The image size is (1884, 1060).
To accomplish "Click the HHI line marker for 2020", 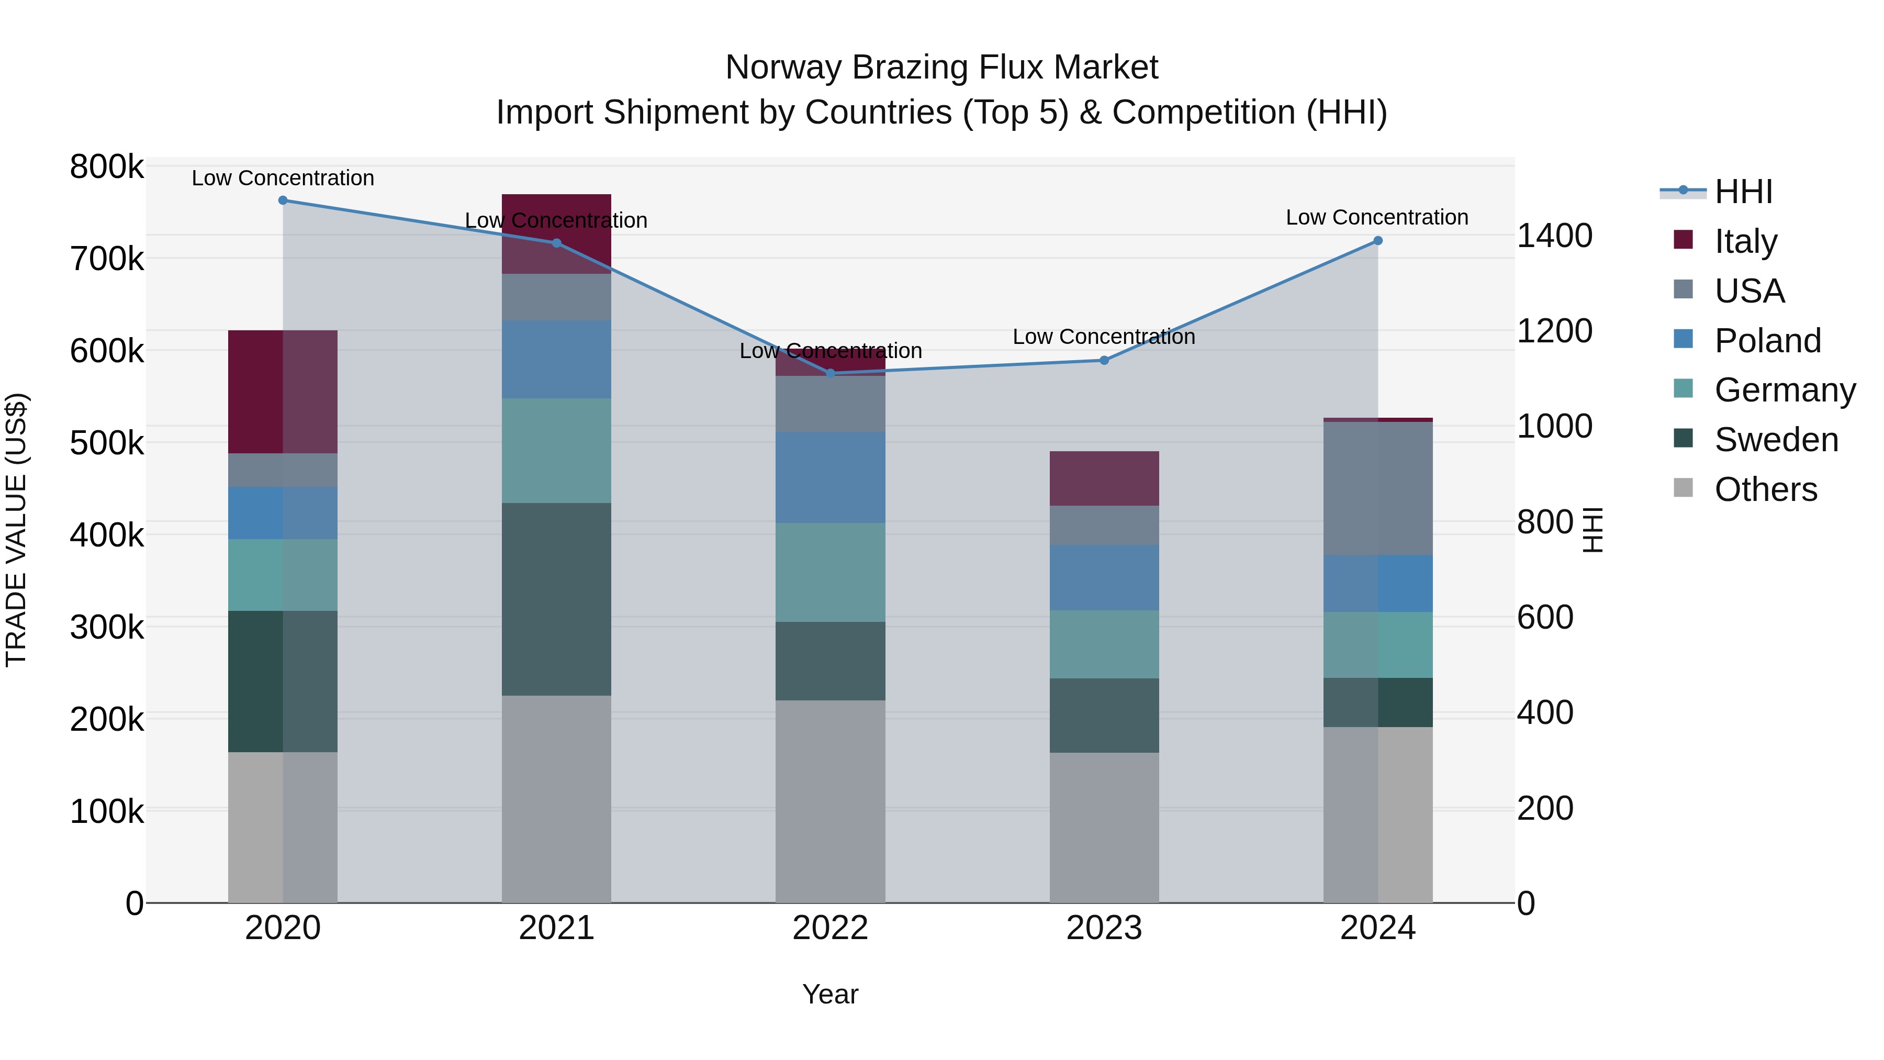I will tap(283, 200).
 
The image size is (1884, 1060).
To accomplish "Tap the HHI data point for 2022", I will tap(830, 374).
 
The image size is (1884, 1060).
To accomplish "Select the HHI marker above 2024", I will tap(1378, 241).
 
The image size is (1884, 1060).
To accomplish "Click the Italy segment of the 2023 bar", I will tap(1104, 478).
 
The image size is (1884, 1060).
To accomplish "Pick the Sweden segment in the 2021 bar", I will tap(557, 599).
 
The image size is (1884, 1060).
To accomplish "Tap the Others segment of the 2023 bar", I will tap(1104, 828).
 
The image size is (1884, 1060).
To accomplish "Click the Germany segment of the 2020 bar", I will tap(283, 575).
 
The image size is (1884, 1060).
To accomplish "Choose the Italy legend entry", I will tap(1746, 241).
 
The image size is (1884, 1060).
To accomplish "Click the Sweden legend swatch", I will tap(1683, 439).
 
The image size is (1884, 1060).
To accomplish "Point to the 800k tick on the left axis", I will tap(107, 167).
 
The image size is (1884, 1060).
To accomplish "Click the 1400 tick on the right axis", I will tap(1555, 236).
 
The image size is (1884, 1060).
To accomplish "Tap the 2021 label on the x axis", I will tap(557, 928).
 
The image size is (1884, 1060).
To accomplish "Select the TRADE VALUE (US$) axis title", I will tap(16, 530).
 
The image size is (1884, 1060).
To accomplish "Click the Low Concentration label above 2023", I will tap(1104, 337).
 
